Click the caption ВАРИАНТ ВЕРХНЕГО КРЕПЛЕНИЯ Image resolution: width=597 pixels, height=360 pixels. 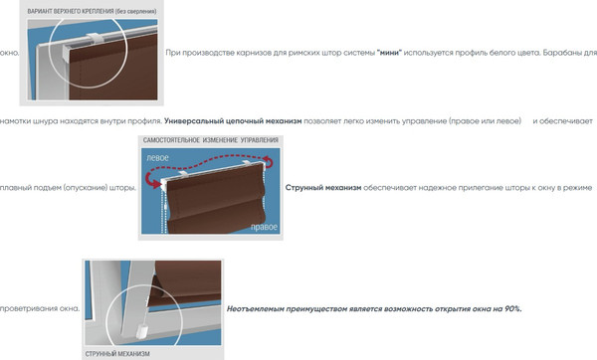[71, 11]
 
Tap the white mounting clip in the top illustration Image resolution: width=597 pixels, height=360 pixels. [94, 37]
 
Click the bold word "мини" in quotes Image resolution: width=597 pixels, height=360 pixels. [389, 53]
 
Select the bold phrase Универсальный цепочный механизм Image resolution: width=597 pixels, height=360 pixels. [233, 121]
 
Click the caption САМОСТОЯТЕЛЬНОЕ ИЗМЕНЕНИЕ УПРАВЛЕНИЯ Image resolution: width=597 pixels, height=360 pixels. [211, 140]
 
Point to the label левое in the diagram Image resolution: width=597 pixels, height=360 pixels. [157, 158]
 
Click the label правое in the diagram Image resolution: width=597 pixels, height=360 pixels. [264, 227]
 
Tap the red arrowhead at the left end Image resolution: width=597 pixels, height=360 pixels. [157, 185]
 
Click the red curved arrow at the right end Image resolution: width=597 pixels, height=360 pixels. [269, 162]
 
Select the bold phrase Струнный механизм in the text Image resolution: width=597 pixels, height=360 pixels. [323, 188]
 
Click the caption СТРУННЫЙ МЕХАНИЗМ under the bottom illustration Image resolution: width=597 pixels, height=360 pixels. [117, 354]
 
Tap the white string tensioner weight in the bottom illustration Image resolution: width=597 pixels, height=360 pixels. [141, 330]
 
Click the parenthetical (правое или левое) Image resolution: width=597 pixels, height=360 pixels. [485, 121]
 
